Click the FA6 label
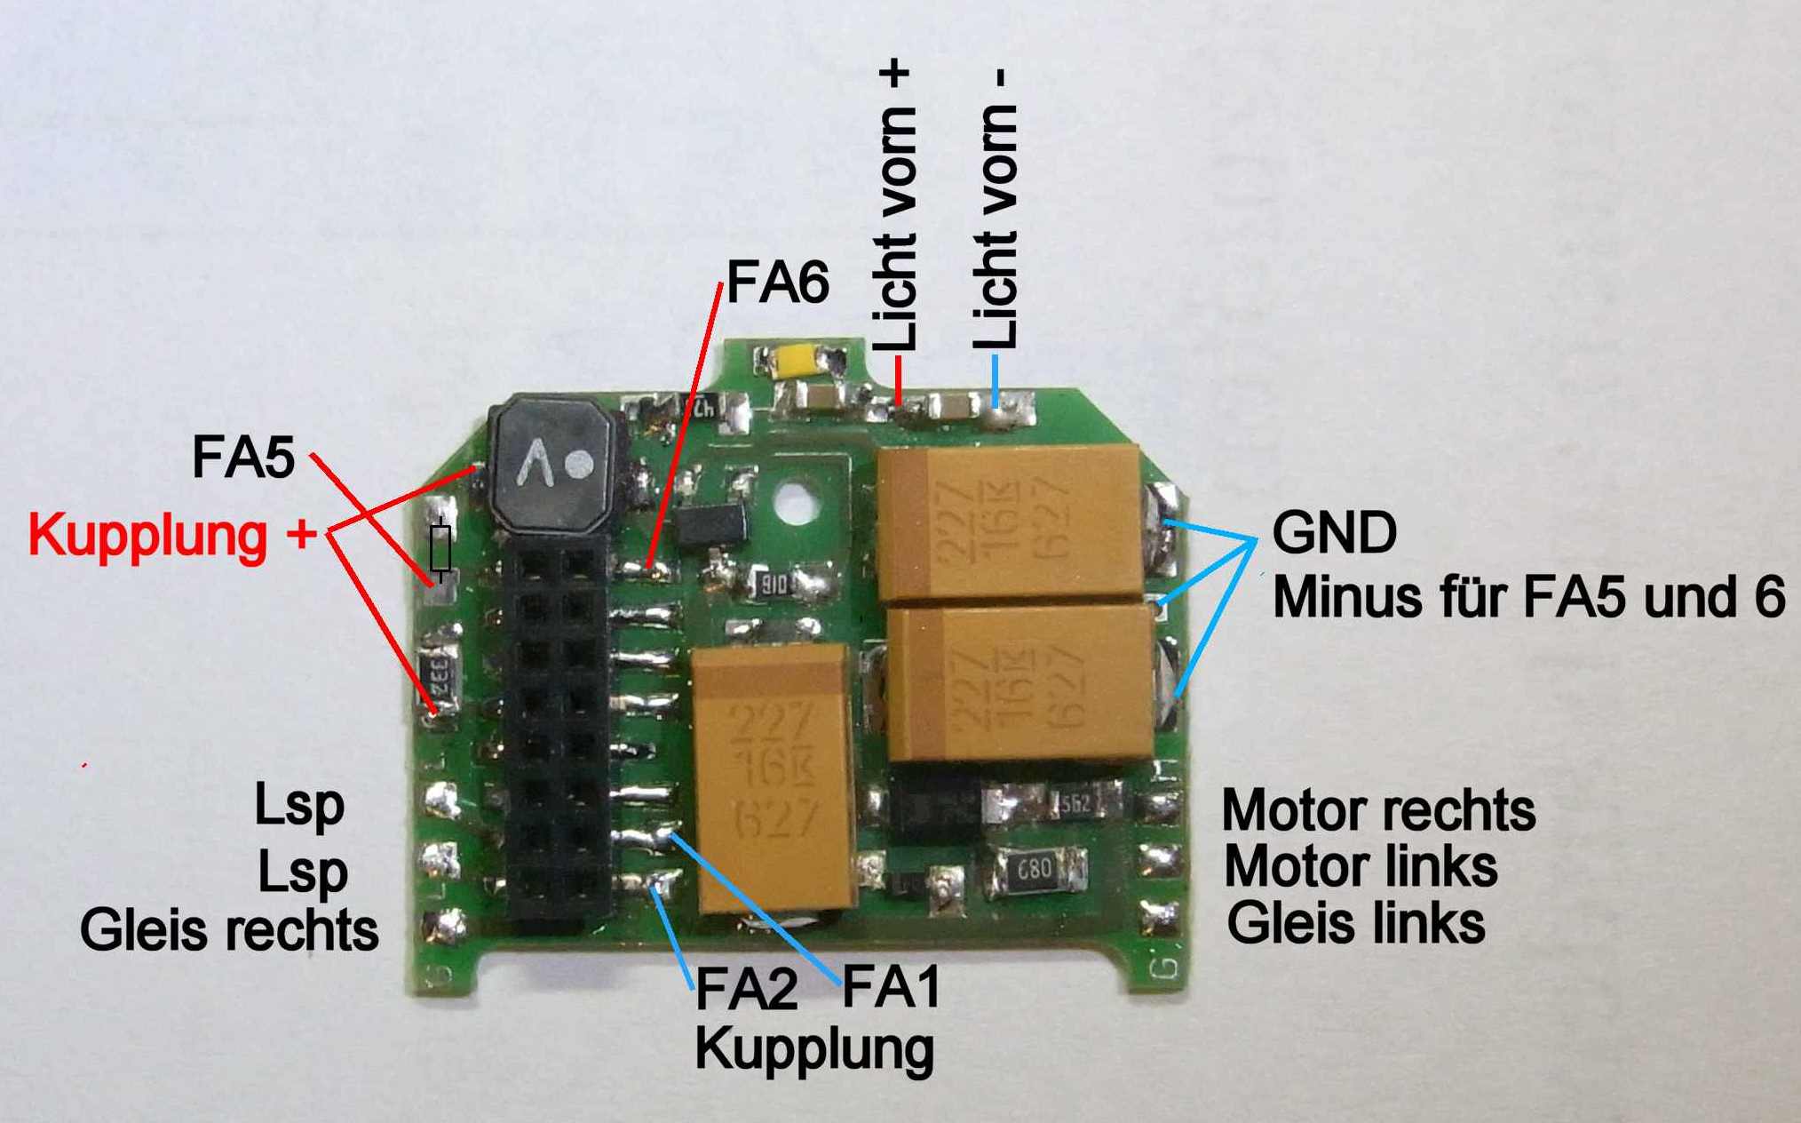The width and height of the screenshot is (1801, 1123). pyautogui.click(x=777, y=283)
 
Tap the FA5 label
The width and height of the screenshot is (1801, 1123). pyautogui.click(x=243, y=458)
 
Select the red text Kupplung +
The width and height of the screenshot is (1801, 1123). pyautogui.click(x=172, y=536)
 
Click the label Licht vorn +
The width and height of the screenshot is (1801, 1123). pyautogui.click(x=895, y=206)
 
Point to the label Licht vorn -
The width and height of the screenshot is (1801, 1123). pyautogui.click(x=995, y=209)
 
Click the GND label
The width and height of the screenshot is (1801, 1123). pyautogui.click(x=1334, y=533)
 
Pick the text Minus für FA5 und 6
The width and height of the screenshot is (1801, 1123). pyautogui.click(x=1527, y=596)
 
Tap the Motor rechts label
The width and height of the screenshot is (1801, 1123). pyautogui.click(x=1378, y=810)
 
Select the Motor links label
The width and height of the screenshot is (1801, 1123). pyautogui.click(x=1361, y=866)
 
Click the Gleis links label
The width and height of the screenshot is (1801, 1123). pyautogui.click(x=1355, y=923)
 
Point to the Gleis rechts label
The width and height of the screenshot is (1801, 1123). pyautogui.click(x=229, y=930)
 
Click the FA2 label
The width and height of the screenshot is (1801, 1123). pyautogui.click(x=746, y=990)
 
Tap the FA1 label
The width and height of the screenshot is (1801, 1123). pyautogui.click(x=891, y=986)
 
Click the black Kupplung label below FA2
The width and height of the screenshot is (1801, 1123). pyautogui.click(x=814, y=1050)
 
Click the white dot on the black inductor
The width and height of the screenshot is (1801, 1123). pyautogui.click(x=581, y=462)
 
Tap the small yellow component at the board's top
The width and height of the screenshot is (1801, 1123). pyautogui.click(x=797, y=362)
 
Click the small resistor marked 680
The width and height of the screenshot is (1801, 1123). pyautogui.click(x=1035, y=869)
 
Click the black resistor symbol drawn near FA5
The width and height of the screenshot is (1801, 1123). pyautogui.click(x=440, y=549)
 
